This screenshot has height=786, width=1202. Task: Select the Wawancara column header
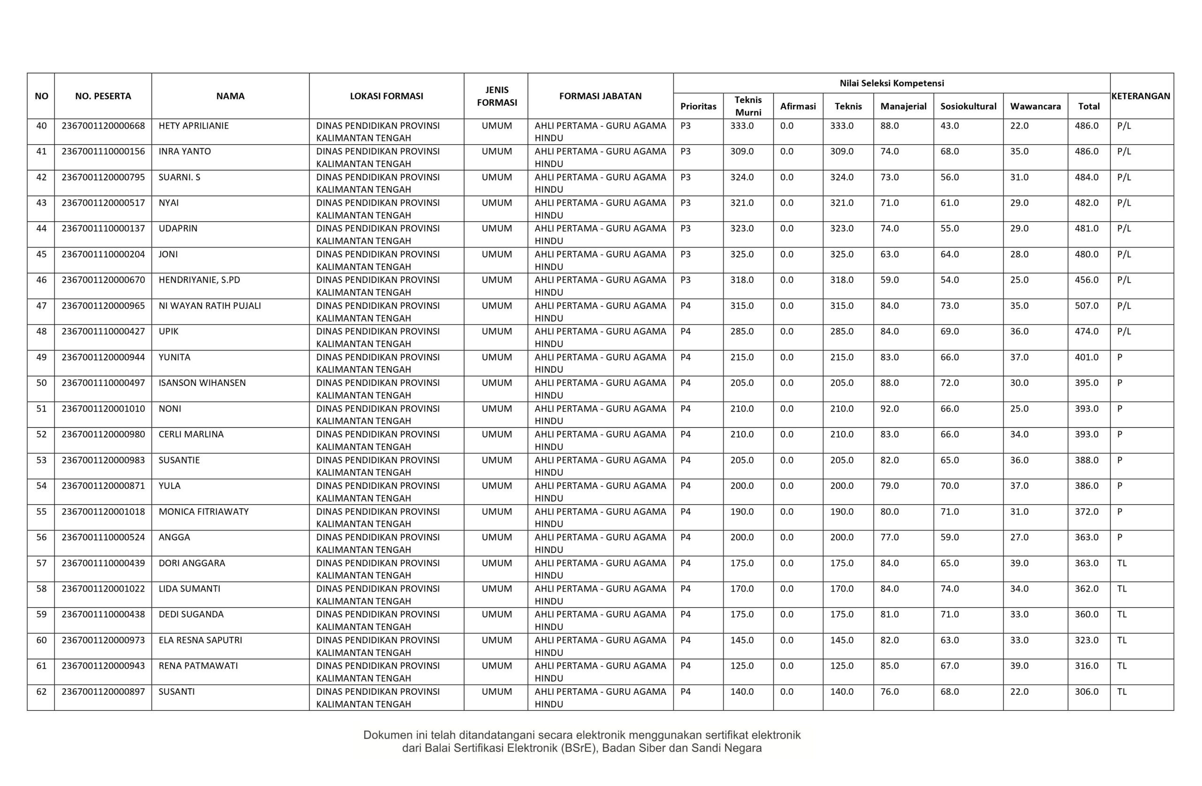[1035, 106]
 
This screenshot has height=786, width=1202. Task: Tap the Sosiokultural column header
[968, 106]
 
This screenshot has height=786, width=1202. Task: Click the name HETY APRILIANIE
[193, 126]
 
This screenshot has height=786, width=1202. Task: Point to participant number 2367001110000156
[103, 151]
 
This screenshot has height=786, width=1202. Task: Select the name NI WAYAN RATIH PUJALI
[209, 306]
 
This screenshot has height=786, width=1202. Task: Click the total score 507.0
[1086, 306]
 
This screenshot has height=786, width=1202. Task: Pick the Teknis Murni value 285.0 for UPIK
[741, 331]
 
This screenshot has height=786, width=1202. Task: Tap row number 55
[41, 511]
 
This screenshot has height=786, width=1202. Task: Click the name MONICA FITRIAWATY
[203, 511]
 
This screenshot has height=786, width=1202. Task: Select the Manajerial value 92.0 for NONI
[889, 408]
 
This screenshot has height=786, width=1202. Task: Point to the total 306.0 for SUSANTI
[1086, 691]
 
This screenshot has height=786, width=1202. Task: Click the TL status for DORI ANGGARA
[1122, 563]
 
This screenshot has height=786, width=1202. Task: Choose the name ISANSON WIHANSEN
[202, 382]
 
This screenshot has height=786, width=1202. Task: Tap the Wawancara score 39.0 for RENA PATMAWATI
[1019, 665]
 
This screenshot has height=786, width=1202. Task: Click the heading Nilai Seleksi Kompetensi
[891, 83]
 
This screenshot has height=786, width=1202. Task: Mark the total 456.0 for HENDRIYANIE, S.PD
[1086, 280]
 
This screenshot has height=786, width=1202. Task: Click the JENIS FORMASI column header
[496, 96]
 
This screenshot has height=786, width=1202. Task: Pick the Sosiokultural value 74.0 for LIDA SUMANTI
[949, 588]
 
